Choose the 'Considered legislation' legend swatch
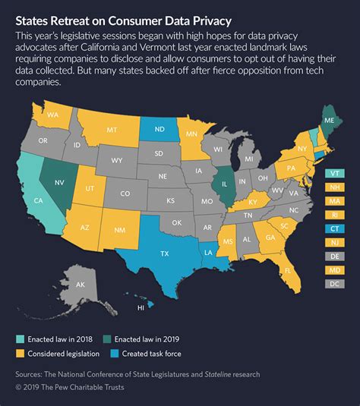pos(21,353)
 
